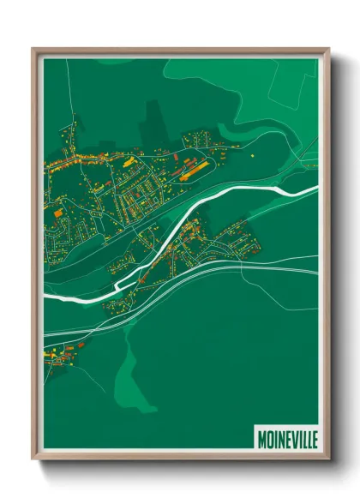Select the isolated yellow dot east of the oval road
coord(254,155)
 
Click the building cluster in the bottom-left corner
coord(64,351)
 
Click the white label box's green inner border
coord(287,426)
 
